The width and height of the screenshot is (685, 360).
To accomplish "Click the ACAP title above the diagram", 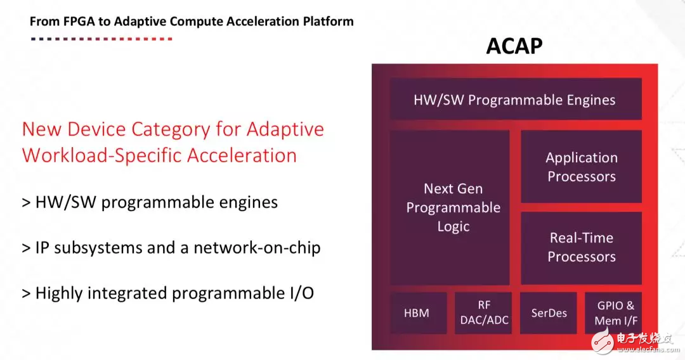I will pos(514,46).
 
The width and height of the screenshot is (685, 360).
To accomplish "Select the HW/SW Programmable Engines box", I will pos(514,100).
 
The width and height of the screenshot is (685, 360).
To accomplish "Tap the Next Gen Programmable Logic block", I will pos(453,207).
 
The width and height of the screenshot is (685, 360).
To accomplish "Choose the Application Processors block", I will pos(582,167).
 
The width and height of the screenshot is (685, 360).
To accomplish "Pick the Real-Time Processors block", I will pos(582,247).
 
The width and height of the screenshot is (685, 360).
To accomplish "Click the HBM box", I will pos(417,313).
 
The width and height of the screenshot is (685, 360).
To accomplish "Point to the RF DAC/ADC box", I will pos(485,313).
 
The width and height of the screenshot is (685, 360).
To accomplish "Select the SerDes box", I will pos(549,313).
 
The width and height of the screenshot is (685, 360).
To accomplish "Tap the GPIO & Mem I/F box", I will pos(614,313).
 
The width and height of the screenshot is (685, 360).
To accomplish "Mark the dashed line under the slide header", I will pos(101,39).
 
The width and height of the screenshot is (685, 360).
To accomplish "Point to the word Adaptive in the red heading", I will pos(285,129).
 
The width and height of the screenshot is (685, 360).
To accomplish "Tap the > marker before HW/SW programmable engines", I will pos(26,202).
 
